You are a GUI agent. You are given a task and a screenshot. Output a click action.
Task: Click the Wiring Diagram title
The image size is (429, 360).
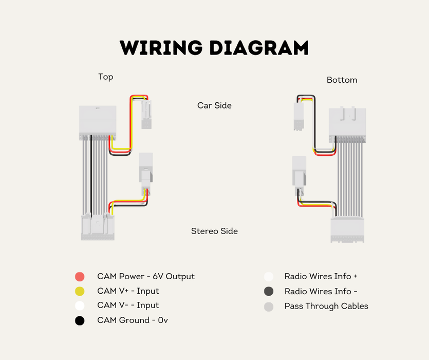[x=214, y=48]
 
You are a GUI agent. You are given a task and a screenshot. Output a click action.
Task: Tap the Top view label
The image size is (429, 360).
[x=105, y=77]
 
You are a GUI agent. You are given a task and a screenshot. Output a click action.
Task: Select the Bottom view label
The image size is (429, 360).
[x=342, y=80]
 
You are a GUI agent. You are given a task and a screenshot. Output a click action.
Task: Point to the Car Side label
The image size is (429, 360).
[x=214, y=105]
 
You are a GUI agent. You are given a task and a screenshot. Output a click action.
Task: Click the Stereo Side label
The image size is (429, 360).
[x=214, y=231]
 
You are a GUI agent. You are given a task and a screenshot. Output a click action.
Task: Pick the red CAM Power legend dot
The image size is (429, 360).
[x=80, y=277]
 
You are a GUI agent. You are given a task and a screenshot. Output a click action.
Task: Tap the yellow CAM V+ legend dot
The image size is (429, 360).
[x=80, y=292]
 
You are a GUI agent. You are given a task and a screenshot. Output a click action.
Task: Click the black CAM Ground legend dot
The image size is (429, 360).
[x=80, y=321]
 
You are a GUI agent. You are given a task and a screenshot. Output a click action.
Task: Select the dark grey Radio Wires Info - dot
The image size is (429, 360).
[x=268, y=292]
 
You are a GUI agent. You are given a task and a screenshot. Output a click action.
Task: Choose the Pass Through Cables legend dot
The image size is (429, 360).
[x=268, y=307]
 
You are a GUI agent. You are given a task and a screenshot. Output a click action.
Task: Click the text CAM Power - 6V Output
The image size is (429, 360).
[x=146, y=276]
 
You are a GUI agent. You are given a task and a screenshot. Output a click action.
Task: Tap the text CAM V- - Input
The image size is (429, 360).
[x=128, y=305]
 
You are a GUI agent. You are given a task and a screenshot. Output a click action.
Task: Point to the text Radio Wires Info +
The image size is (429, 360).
[x=321, y=276]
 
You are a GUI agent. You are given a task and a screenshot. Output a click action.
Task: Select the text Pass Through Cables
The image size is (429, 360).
[x=326, y=306]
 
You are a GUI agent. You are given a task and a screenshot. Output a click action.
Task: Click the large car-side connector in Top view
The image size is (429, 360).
[x=98, y=122]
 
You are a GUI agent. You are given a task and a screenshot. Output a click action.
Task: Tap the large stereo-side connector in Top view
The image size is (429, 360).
[x=98, y=227]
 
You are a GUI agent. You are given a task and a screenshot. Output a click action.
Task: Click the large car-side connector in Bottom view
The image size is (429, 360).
[x=347, y=124]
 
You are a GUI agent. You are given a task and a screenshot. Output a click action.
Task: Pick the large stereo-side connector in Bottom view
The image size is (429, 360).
[x=347, y=229]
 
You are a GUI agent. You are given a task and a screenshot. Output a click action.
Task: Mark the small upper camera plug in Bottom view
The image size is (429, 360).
[x=299, y=116]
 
